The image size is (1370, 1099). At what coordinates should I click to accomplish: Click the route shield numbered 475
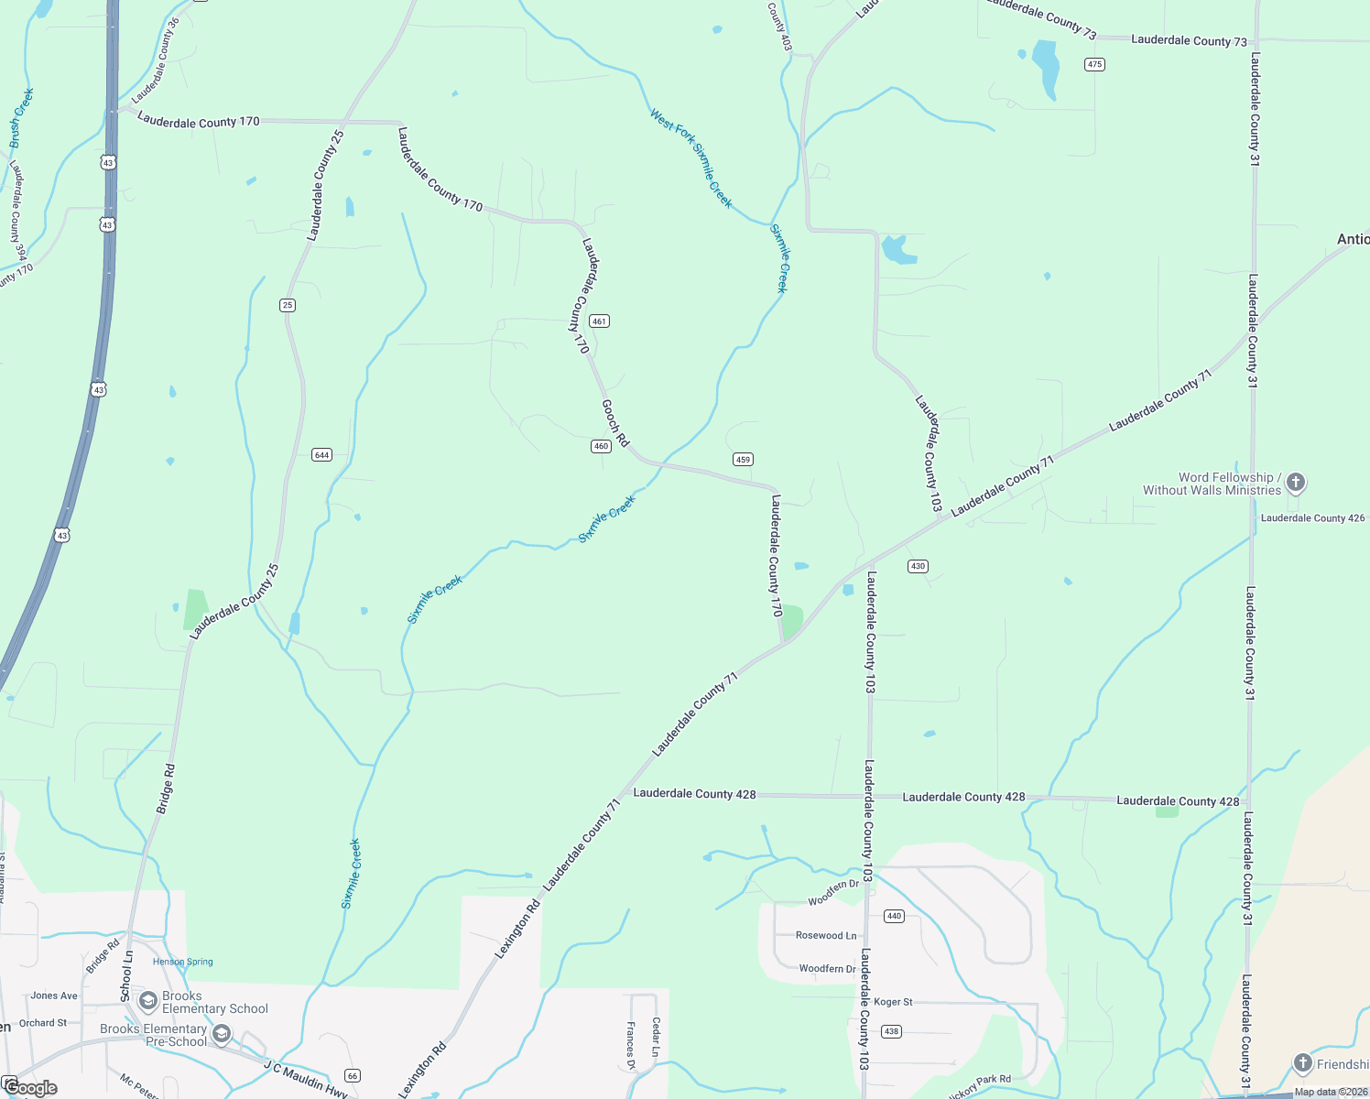(1094, 64)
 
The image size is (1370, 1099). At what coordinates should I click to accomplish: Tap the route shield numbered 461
(599, 321)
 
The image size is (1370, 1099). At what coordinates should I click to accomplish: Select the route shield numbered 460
(601, 446)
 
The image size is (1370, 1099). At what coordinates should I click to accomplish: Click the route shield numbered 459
(743, 460)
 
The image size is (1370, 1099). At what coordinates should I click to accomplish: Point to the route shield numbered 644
(321, 455)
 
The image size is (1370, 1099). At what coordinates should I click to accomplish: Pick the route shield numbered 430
(918, 566)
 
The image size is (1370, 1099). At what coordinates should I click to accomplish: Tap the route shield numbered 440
(895, 916)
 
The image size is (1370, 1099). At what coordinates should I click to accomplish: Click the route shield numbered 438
(892, 1031)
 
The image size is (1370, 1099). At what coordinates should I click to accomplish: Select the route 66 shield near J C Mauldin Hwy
(352, 1075)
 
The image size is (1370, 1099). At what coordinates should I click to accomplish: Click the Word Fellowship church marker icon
(1295, 482)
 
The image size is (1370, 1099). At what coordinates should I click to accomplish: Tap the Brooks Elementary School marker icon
(147, 1002)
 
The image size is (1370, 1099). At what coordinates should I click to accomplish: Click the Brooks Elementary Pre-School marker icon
(221, 1035)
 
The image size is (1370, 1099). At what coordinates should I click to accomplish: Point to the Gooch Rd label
(615, 422)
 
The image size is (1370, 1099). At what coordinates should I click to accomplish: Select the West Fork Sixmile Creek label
(691, 158)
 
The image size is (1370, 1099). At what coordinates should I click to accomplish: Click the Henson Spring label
(182, 962)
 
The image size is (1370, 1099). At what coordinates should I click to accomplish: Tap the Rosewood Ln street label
(826, 935)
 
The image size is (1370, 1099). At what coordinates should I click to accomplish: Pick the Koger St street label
(893, 1002)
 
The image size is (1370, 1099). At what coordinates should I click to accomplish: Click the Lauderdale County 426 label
(1312, 518)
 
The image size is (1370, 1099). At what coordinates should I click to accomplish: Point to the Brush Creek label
(22, 118)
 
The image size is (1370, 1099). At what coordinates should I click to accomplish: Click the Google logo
(30, 1088)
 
